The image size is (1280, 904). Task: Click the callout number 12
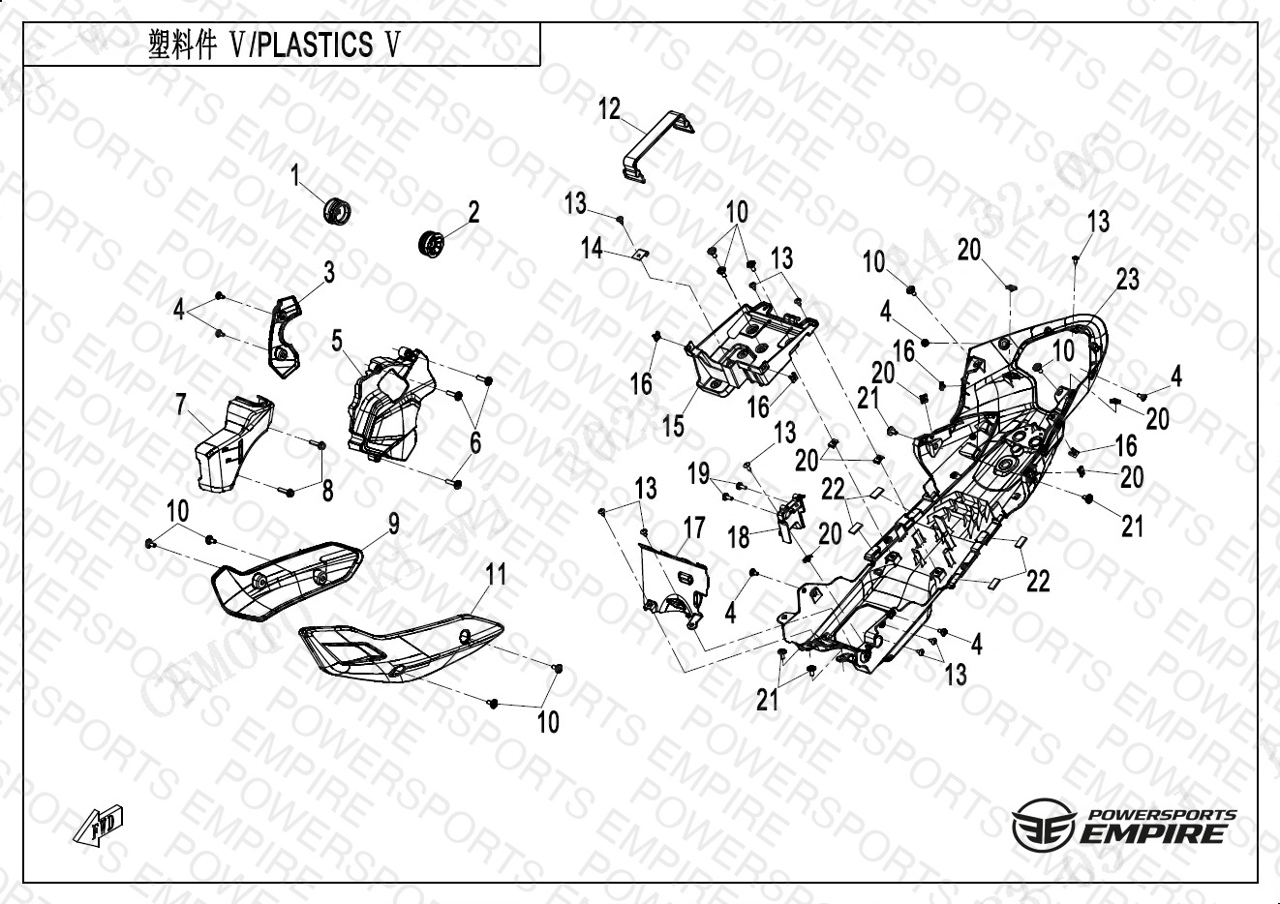point(609,108)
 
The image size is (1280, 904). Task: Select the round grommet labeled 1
point(336,209)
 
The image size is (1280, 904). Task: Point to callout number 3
point(329,273)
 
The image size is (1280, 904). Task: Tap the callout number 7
point(181,405)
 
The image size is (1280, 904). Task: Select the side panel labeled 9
point(288,578)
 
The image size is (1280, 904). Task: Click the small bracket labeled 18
point(790,510)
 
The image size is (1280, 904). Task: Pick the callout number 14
point(592,249)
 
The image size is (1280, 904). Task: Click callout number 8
point(328,491)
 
